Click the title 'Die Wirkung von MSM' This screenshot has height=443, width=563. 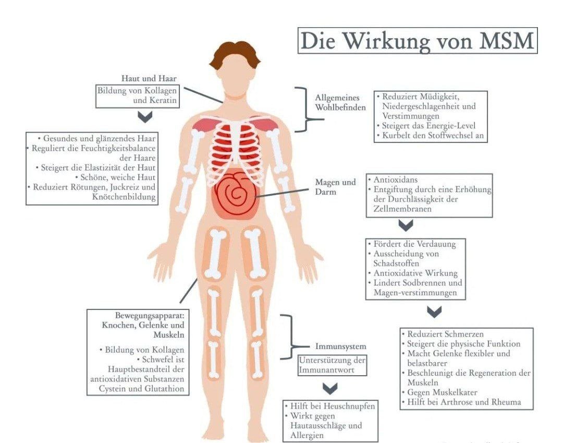pyautogui.click(x=417, y=41)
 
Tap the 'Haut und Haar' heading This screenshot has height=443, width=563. pyautogui.click(x=149, y=78)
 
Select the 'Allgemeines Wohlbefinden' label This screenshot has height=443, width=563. pyautogui.click(x=340, y=102)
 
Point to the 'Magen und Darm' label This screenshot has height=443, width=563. pyautogui.click(x=335, y=187)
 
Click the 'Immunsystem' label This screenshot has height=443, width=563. pyautogui.click(x=341, y=346)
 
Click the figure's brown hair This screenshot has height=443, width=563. pyautogui.click(x=235, y=54)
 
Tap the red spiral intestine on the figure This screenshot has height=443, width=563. pyautogui.click(x=236, y=195)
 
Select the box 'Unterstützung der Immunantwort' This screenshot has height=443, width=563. pyautogui.click(x=332, y=365)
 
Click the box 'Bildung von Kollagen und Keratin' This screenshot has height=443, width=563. pyautogui.click(x=138, y=95)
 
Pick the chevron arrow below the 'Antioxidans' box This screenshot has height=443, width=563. pyautogui.click(x=406, y=225)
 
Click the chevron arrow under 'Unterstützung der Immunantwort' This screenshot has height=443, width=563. pyautogui.click(x=330, y=388)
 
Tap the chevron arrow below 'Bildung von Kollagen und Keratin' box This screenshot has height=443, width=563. pyautogui.click(x=145, y=116)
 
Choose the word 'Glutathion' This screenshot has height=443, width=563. pyautogui.click(x=164, y=388)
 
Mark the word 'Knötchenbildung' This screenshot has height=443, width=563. pyautogui.click(x=124, y=197)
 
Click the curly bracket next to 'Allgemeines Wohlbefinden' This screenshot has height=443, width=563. pyautogui.click(x=304, y=110)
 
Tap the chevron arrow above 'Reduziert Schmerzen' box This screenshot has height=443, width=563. pyautogui.click(x=434, y=312)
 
